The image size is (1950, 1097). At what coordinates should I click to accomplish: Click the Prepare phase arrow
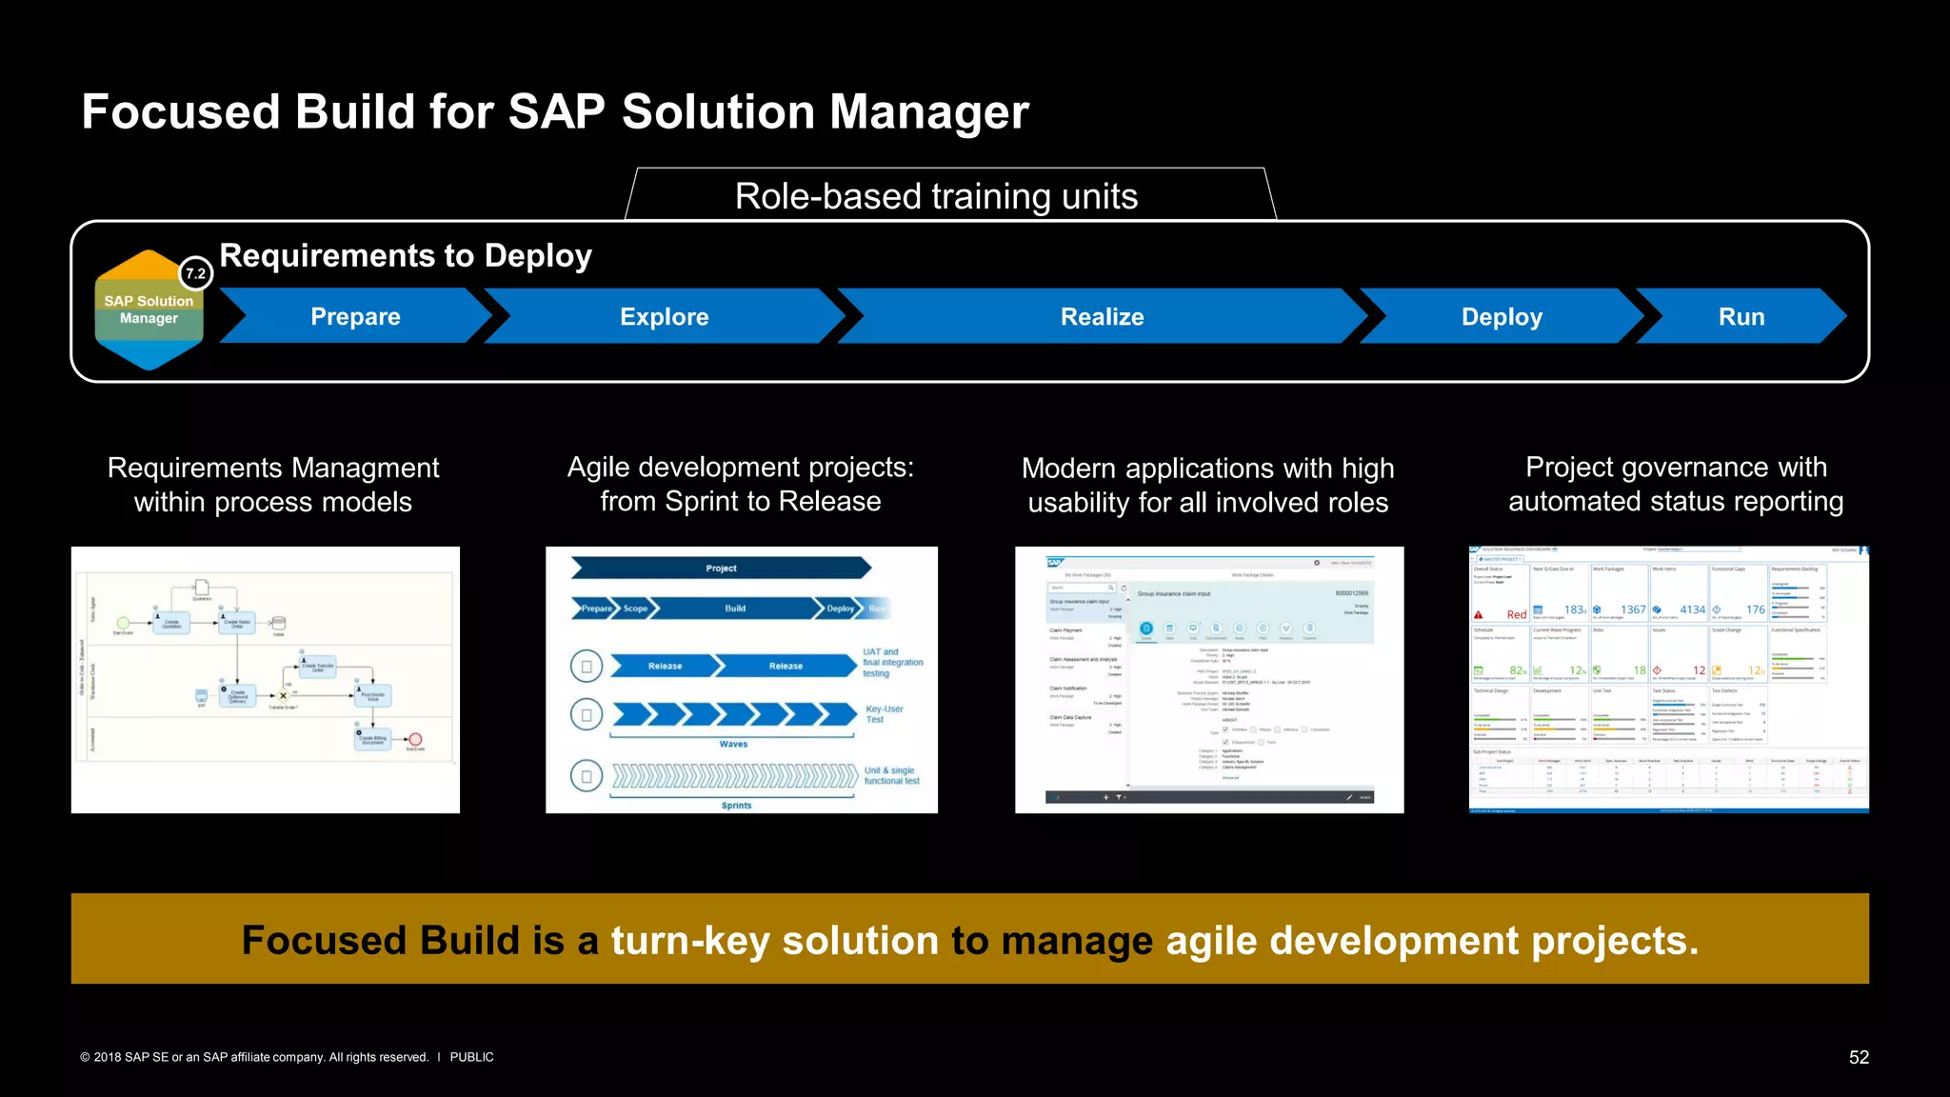click(355, 316)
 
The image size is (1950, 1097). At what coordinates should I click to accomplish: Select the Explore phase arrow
click(664, 316)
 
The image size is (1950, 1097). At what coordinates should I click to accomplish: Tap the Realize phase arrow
click(1102, 316)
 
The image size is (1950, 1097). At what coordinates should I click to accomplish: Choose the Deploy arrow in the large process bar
click(1501, 316)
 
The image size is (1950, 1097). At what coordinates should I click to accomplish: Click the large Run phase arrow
click(1741, 316)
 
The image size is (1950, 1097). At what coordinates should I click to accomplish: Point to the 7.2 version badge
click(196, 273)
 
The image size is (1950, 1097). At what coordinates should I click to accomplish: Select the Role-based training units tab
click(936, 196)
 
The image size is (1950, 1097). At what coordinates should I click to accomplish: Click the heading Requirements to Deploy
click(406, 255)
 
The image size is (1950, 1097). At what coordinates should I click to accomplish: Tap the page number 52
click(1859, 1057)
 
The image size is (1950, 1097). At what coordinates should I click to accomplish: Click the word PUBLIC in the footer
click(471, 1057)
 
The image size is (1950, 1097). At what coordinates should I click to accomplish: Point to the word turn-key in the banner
click(689, 940)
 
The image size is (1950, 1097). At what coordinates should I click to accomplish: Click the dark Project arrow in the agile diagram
click(721, 568)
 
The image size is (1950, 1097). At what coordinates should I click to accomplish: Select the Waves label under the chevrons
click(733, 744)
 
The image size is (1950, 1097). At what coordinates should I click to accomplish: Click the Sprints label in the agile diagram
click(736, 806)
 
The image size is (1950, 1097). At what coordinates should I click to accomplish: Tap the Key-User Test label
click(884, 714)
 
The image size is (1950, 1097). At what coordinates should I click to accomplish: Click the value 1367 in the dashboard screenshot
click(1633, 609)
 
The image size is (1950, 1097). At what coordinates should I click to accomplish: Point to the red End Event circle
click(415, 740)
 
